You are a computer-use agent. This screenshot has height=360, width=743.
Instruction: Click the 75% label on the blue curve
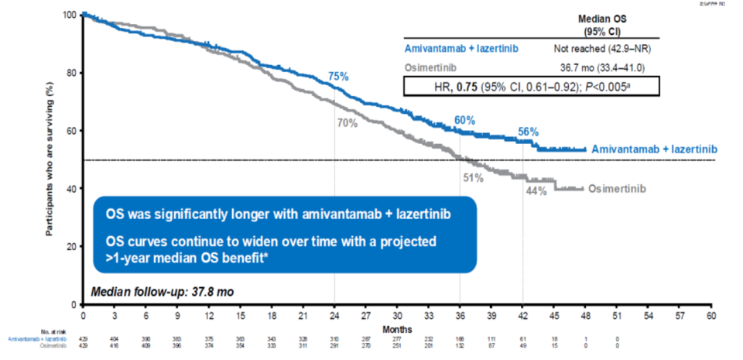(338, 77)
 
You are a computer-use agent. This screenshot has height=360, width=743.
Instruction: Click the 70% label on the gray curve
(347, 122)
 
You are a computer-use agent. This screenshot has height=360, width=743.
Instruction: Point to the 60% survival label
(464, 120)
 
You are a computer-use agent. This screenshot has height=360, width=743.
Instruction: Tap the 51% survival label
(473, 178)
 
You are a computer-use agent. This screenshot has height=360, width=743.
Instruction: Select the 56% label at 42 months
(528, 132)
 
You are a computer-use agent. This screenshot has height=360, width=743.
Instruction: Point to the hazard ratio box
(532, 85)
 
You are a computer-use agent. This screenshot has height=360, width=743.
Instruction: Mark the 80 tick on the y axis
(72, 74)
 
